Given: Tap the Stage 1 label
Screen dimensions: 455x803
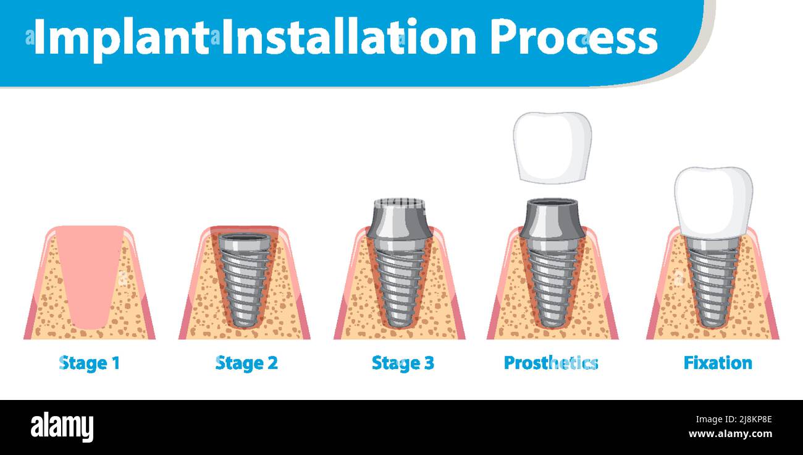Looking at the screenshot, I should (90, 363).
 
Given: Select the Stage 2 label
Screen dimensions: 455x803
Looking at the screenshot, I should (246, 363).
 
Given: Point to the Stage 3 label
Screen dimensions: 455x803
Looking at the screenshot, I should (403, 363).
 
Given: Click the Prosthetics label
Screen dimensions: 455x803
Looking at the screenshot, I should (551, 363).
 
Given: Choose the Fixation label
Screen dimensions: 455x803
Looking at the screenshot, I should (718, 363).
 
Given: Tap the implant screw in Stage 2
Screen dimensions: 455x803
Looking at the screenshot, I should (245, 281).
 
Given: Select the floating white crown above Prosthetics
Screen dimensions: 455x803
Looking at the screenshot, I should (552, 147).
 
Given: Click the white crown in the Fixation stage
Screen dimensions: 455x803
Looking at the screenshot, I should (713, 201).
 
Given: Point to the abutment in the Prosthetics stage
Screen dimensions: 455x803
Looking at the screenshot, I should (552, 219).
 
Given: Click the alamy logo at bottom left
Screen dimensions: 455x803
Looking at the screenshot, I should (62, 427).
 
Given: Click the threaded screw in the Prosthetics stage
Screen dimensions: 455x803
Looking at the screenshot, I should (552, 284).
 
